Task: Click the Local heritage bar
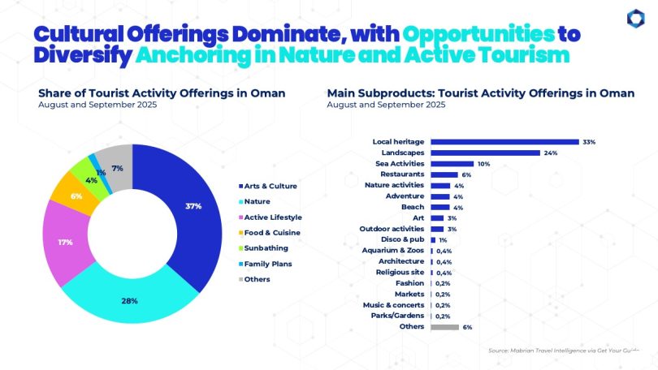(x=504, y=141)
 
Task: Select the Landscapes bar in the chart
(x=485, y=153)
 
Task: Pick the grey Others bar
(x=444, y=327)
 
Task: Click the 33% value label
(x=589, y=142)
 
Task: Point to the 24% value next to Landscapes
(x=551, y=153)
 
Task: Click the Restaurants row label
(x=405, y=174)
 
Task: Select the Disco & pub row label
(x=403, y=239)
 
